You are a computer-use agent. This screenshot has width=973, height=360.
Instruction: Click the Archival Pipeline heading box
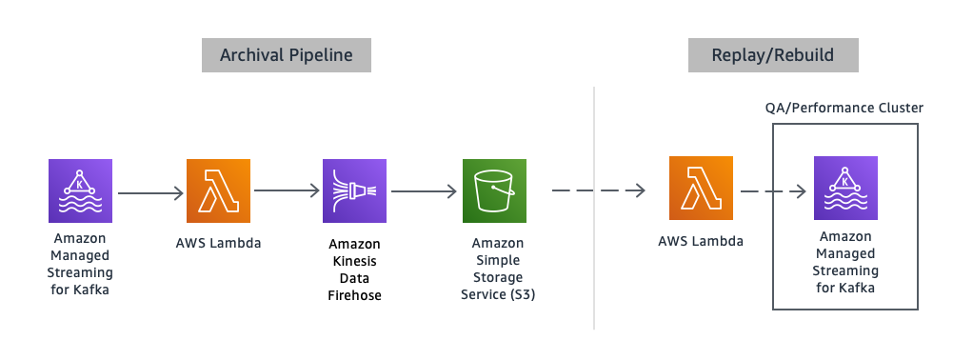click(x=286, y=55)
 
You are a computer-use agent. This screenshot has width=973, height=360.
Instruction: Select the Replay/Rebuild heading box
click(x=773, y=55)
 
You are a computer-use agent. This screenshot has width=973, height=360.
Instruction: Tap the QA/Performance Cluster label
click(x=844, y=108)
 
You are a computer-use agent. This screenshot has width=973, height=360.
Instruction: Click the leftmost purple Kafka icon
click(x=80, y=190)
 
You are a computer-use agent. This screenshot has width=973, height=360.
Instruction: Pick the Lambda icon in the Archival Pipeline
click(x=218, y=190)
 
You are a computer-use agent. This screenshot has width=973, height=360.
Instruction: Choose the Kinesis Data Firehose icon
click(x=354, y=190)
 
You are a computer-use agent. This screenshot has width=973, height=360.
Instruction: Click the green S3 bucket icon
click(x=493, y=190)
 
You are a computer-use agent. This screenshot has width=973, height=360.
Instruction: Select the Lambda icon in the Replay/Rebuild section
click(x=701, y=190)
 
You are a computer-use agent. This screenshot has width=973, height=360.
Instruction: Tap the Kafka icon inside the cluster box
click(x=845, y=190)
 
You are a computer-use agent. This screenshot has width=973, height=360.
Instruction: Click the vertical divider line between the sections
click(x=595, y=210)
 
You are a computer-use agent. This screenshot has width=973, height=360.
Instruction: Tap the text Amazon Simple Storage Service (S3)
click(x=493, y=270)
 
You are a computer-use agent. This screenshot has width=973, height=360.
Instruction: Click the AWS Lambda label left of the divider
click(x=218, y=243)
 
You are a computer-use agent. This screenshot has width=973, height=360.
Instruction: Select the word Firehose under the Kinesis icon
click(x=354, y=295)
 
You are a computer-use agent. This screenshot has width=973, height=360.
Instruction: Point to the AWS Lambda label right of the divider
click(x=700, y=241)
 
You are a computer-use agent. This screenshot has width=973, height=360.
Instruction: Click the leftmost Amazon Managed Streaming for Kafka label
click(x=80, y=263)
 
